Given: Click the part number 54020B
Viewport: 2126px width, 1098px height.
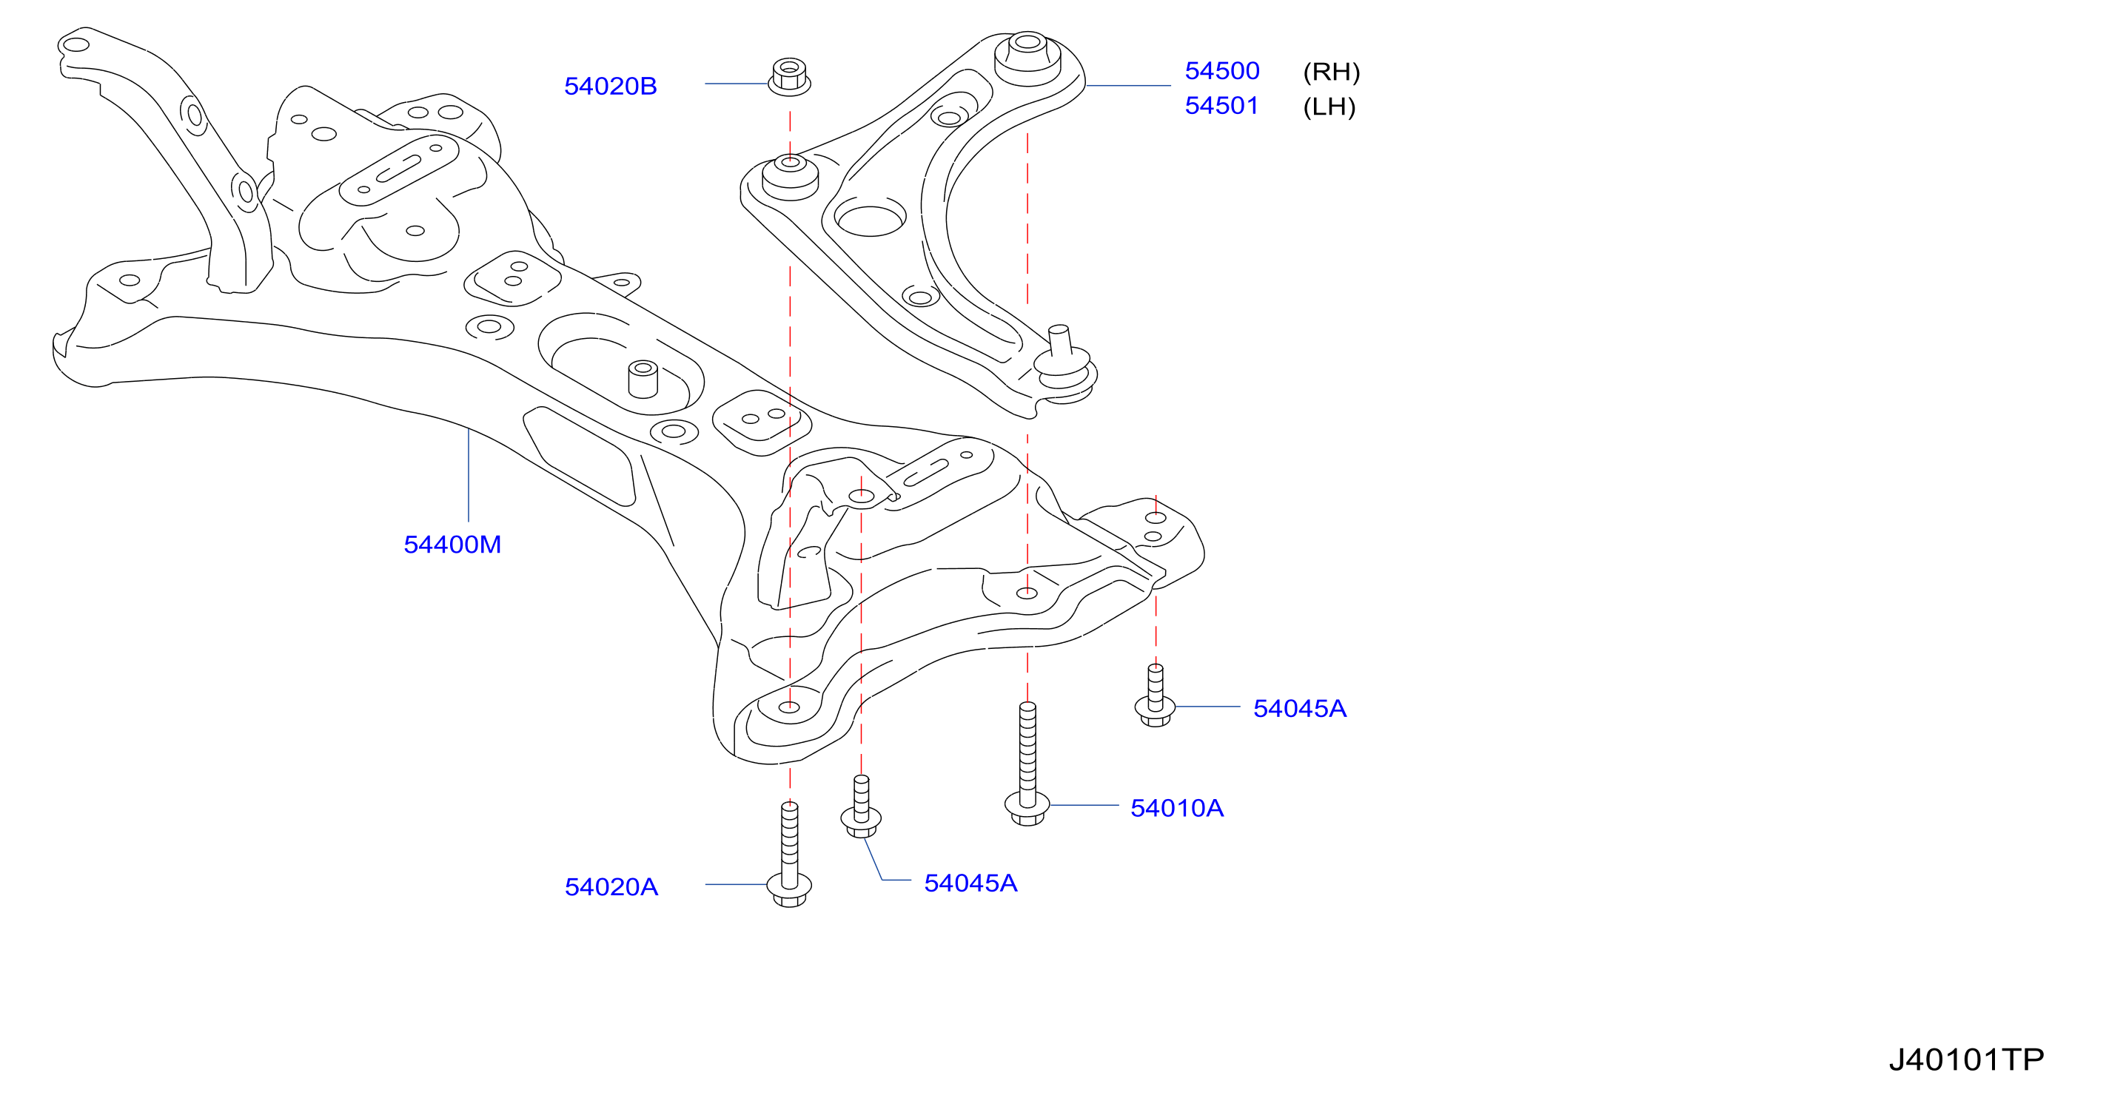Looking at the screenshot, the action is point(610,86).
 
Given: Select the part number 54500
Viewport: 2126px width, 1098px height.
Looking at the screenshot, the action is point(1221,71).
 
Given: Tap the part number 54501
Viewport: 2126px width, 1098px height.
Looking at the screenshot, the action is point(1221,106).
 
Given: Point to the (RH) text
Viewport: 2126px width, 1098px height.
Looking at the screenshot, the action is point(1331,72).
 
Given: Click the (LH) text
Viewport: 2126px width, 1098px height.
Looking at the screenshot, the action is point(1329,107).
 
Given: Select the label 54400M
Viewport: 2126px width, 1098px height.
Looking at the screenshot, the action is point(452,545).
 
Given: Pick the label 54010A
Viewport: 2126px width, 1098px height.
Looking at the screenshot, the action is point(1177,808).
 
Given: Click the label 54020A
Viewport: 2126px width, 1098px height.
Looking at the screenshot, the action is point(611,887).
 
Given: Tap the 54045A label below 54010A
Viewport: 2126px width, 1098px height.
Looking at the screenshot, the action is point(970,883).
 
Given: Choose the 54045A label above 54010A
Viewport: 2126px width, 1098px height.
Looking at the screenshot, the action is point(1300,709).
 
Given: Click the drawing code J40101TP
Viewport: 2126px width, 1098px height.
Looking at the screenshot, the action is point(1967,1060).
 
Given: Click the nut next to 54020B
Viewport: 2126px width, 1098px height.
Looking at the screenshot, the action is point(789,77).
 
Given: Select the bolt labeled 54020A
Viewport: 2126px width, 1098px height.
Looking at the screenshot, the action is point(789,855).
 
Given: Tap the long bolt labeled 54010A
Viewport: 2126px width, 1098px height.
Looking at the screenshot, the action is point(1027,764).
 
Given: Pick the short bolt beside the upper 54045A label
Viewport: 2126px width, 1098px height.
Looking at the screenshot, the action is point(1156,695).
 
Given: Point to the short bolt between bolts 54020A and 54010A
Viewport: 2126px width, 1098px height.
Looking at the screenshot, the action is point(861,806).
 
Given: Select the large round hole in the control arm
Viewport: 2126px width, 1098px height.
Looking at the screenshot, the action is point(870,217).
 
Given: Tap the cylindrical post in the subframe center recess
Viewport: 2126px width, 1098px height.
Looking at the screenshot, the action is point(643,380).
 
